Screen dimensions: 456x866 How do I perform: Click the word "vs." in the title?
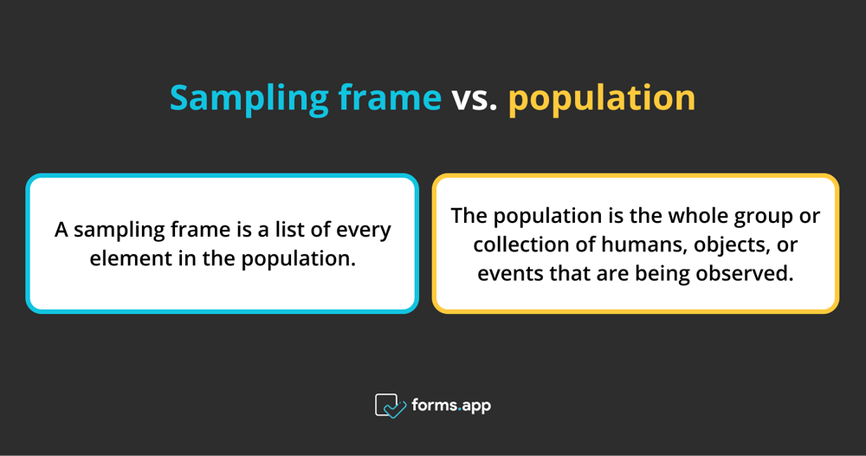[x=475, y=98]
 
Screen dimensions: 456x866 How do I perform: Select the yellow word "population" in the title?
[x=602, y=99]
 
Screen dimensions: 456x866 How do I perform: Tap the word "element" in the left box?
[x=123, y=258]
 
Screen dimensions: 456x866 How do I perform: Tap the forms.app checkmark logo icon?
[x=390, y=405]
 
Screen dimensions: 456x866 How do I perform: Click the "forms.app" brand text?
[x=452, y=405]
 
